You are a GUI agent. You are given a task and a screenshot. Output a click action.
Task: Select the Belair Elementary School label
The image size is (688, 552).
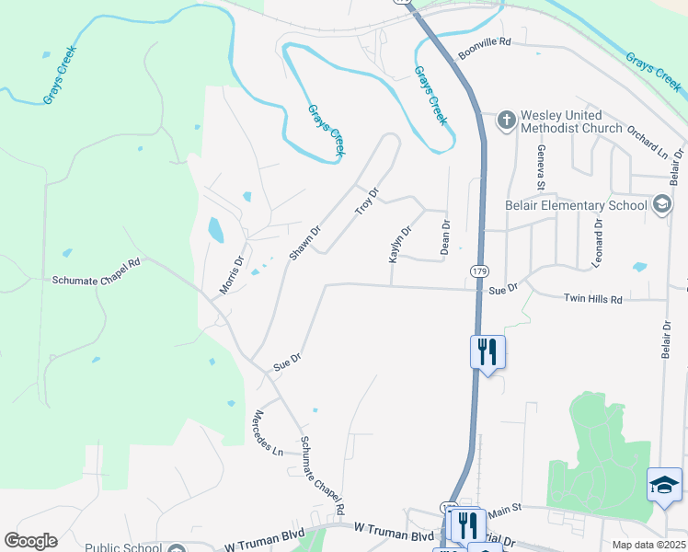575,205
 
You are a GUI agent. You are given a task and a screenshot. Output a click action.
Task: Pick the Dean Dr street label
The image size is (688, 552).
445,236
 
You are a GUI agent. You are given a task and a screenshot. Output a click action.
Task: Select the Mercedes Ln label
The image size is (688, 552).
268,432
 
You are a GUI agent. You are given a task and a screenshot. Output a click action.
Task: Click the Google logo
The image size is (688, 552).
30,541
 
